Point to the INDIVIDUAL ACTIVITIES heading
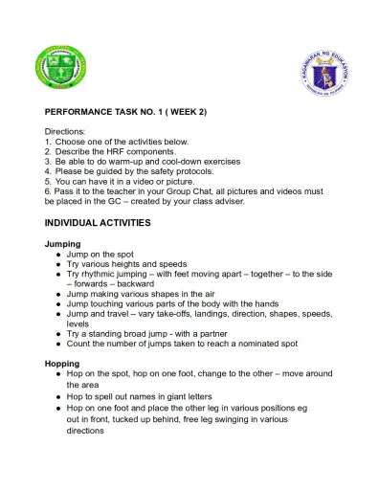97,222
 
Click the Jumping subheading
62,244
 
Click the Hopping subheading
63,364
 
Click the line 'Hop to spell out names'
144,394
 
